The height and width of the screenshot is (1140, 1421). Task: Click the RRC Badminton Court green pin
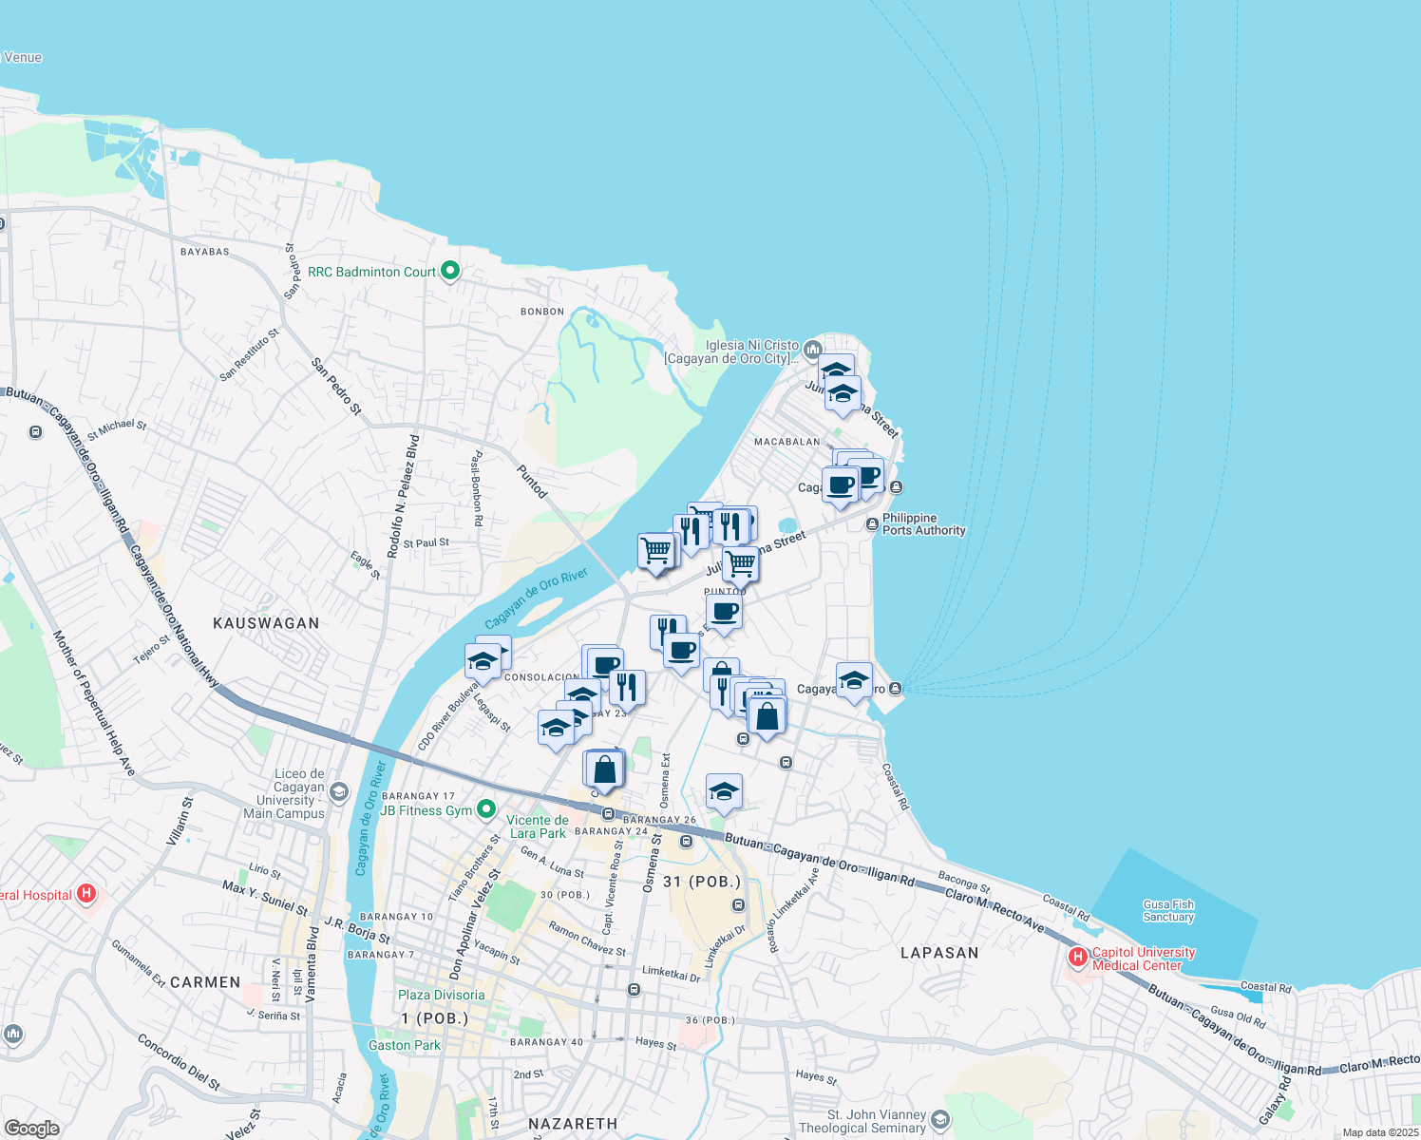[451, 272]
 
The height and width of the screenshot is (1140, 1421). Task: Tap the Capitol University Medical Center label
[1144, 959]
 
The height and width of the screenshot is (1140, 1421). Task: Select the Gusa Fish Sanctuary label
[1168, 911]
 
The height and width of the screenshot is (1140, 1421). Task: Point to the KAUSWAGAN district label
[266, 623]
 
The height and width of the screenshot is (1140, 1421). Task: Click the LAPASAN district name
[938, 953]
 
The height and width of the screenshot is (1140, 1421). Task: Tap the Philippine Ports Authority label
[923, 524]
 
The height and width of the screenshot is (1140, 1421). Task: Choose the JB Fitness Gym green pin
[486, 810]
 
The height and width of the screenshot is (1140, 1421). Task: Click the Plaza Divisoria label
[441, 995]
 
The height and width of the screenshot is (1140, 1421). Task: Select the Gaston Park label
[405, 1045]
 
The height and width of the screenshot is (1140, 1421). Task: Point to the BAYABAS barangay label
[205, 252]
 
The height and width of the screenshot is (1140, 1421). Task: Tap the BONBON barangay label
[542, 312]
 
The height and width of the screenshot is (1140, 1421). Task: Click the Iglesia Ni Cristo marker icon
[812, 350]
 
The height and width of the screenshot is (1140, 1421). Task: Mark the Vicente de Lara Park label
[538, 826]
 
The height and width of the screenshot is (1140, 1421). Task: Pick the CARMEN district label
[205, 982]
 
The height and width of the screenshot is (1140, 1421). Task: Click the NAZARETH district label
[573, 1124]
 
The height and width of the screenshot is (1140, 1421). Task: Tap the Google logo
[31, 1129]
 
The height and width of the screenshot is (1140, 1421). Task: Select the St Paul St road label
[426, 543]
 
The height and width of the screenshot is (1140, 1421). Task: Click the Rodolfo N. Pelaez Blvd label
[403, 496]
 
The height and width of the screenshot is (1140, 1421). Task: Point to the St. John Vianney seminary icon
[940, 1120]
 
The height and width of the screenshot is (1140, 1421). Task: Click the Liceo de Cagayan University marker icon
[340, 792]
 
